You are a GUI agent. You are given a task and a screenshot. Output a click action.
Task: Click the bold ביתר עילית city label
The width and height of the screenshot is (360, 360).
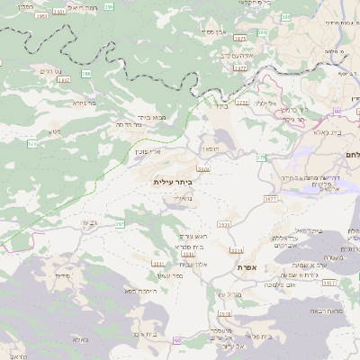click(x=174, y=182)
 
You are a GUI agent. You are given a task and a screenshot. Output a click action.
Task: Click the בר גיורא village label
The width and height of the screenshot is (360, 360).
click(x=81, y=102)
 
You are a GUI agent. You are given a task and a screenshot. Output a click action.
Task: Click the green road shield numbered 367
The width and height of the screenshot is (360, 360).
click(x=120, y=221)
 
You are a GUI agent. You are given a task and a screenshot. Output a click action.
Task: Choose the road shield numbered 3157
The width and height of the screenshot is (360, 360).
click(x=327, y=283)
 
